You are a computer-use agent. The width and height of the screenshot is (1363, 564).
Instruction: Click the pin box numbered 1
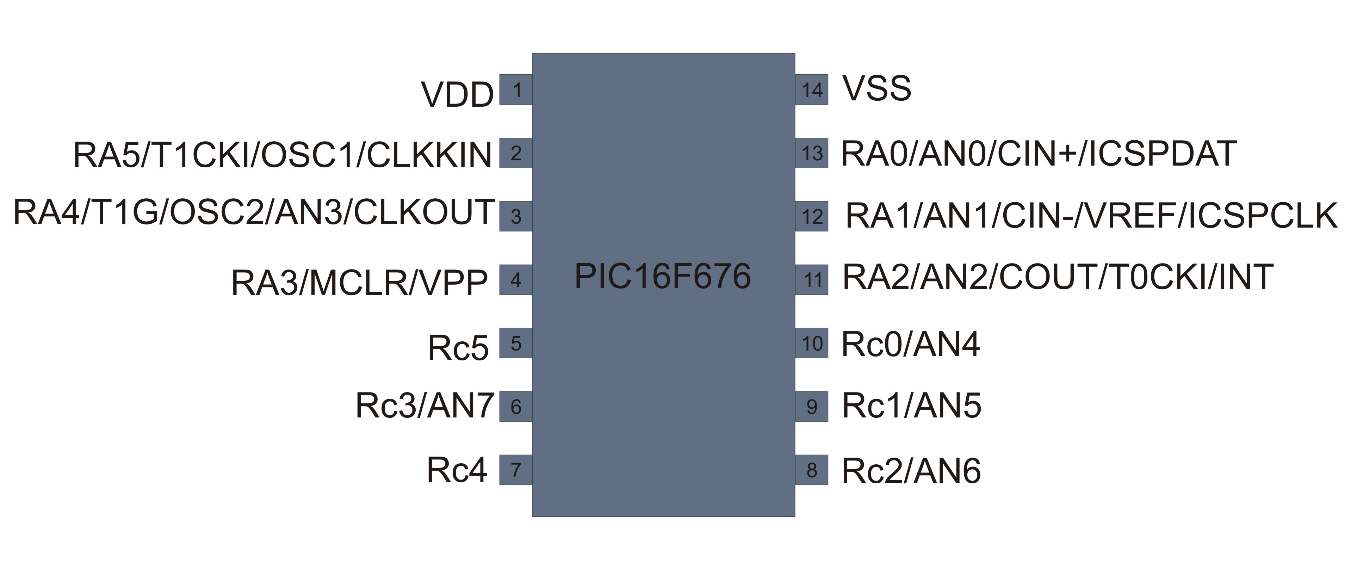tap(516, 90)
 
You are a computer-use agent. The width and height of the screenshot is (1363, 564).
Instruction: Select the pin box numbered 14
tap(812, 90)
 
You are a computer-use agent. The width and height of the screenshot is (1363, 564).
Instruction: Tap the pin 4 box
tap(516, 279)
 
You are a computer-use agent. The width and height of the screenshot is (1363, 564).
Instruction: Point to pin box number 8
tap(812, 470)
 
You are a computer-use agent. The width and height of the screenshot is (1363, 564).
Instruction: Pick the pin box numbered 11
tap(812, 279)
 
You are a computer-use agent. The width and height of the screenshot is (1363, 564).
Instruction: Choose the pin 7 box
tap(516, 470)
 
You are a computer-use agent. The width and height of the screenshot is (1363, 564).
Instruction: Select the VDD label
tap(457, 95)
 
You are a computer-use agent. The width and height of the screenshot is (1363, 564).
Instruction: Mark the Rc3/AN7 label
tap(425, 406)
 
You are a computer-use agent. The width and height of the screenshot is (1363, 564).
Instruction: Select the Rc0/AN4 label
tap(910, 345)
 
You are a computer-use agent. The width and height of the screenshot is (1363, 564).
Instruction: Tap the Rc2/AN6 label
tap(911, 471)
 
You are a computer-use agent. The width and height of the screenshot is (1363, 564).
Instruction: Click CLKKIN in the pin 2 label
tap(429, 155)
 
